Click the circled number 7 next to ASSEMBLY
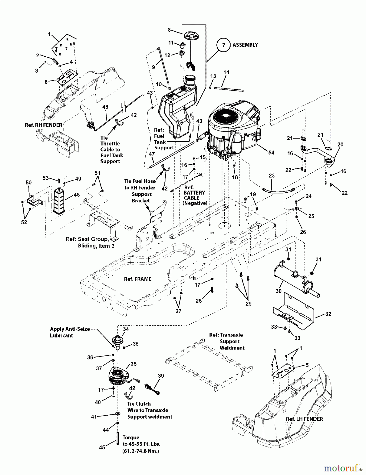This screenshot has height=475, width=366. pos(223,45)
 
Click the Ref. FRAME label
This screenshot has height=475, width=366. pos(138,279)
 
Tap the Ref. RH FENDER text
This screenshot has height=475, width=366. pos(43,125)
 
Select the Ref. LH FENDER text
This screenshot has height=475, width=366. pos(304,419)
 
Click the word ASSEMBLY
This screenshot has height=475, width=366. pos(245,45)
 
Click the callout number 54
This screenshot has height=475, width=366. pos(271,153)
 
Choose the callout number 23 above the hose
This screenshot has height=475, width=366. pos(271,175)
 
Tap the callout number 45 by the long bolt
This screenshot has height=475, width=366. pos(102,447)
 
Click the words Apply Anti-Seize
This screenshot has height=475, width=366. pos(70,329)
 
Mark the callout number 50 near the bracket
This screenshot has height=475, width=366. pos(28,182)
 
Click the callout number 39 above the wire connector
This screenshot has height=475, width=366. pos(161,376)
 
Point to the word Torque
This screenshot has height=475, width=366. pos(131,437)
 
